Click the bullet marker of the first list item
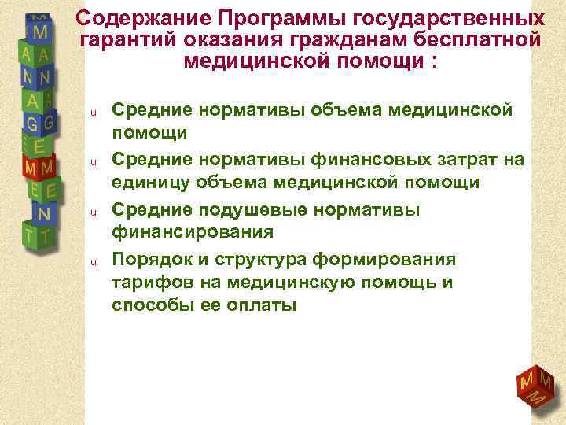[93, 112]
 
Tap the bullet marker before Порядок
[93, 261]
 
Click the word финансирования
[193, 232]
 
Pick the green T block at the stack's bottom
[39, 234]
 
